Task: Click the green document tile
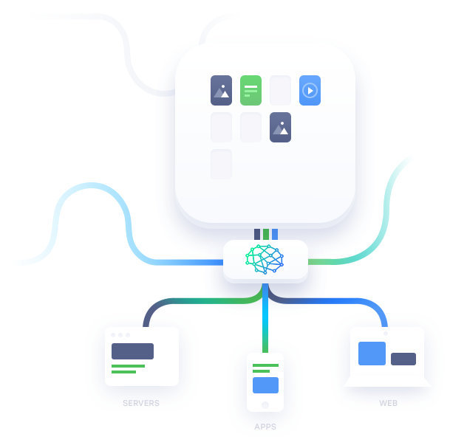coord(250,90)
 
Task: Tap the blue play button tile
coord(310,90)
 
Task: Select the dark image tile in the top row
coord(221,90)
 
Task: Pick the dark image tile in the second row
coord(280,127)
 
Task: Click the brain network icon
coord(265,259)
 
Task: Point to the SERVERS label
coord(141,403)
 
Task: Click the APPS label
coord(265,427)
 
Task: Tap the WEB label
coord(388,403)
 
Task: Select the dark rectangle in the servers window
coord(132,351)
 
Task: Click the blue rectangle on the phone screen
coord(265,385)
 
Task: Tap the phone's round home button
coord(265,405)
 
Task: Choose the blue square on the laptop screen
coord(372,353)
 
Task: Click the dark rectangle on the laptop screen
coord(403,359)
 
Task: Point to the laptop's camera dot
coord(386,334)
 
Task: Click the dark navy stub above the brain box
coord(257,234)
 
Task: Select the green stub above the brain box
coord(266,234)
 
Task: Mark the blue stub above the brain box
coord(275,234)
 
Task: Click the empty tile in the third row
coord(221,165)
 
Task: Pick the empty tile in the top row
coord(280,90)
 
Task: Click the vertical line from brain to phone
coord(265,318)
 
